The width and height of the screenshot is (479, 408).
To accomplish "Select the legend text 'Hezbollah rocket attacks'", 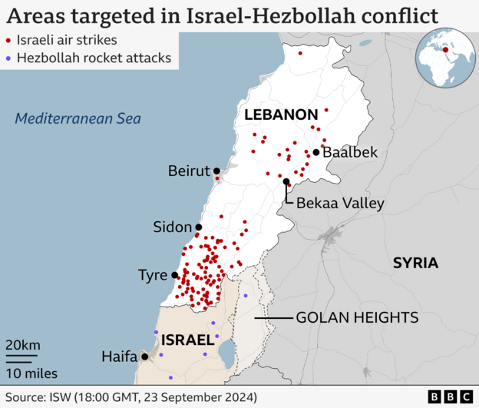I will click(x=93, y=58).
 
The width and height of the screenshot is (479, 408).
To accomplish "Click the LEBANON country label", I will click(x=276, y=114).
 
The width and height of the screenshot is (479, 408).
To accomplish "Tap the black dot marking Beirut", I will click(x=216, y=171).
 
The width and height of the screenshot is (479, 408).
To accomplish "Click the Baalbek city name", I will click(x=350, y=152).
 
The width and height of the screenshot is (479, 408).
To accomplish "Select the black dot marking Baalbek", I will click(x=315, y=152).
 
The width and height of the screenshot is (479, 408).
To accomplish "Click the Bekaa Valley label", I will click(x=335, y=203).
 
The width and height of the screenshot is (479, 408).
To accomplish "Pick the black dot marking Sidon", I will click(x=198, y=227).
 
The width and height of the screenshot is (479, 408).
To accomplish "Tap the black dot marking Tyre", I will click(x=175, y=275).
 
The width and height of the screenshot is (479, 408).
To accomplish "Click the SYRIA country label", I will click(x=415, y=263).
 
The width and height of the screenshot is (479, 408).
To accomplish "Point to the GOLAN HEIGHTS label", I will click(x=357, y=317).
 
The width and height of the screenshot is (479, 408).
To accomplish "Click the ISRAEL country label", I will click(x=187, y=339).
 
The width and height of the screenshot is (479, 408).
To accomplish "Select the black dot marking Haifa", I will click(x=145, y=357).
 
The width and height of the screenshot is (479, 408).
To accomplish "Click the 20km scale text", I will click(x=23, y=343).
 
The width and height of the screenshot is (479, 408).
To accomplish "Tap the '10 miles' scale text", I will click(x=31, y=373).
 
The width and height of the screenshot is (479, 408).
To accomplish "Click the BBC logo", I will click(x=451, y=396).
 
